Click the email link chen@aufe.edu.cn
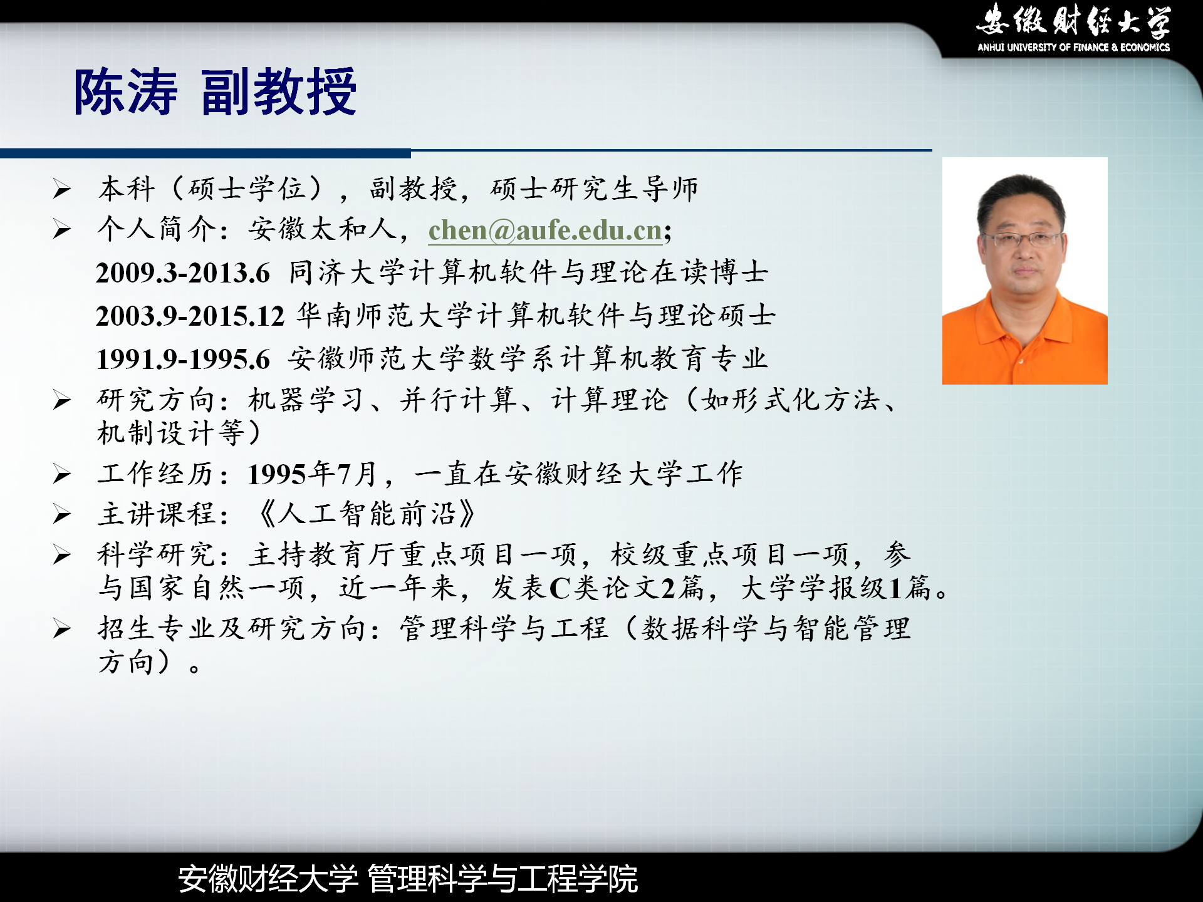point(545,230)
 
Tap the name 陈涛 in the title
point(126,92)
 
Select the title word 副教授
point(279,92)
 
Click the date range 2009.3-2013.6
point(183,273)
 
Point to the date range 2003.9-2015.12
point(190,316)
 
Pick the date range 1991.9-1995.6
point(183,359)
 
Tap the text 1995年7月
point(312,474)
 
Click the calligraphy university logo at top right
point(1073,21)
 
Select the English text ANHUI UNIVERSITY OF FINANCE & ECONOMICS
point(1073,47)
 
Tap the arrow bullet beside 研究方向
point(62,400)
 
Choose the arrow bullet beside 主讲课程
point(62,515)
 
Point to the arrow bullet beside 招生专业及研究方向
point(62,628)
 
